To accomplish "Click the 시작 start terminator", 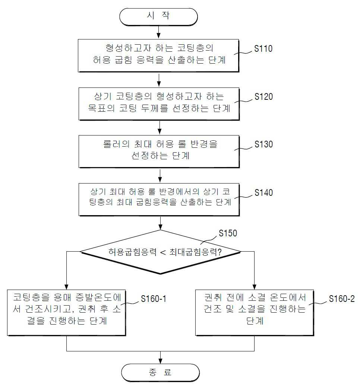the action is pos(158,17).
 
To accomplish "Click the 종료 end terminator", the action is pos(160,373).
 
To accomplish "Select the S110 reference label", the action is pos(263,49).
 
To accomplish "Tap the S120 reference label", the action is pos(263,96).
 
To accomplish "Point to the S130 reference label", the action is pos(263,144).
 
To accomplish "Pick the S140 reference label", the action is pos(263,192).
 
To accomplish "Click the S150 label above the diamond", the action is pos(228,233).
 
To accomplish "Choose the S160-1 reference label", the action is pos(154,299).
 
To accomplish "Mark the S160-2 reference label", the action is pos(342,299).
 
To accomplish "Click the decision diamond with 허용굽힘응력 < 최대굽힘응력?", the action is pos(160,252).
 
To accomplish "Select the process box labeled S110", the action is pos(158,55).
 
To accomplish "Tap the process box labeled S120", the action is pos(159,104).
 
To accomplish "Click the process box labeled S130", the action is pos(159,152).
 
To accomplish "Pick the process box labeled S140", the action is pos(159,200).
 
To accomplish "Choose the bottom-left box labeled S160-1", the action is pos(67,313).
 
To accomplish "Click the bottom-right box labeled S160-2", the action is pos(255,313).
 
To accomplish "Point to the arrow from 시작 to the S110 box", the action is pos(158,32).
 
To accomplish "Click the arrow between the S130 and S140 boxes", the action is pos(160,176).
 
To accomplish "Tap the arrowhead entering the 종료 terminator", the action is pos(161,361).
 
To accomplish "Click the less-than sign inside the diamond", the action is pos(163,252).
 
